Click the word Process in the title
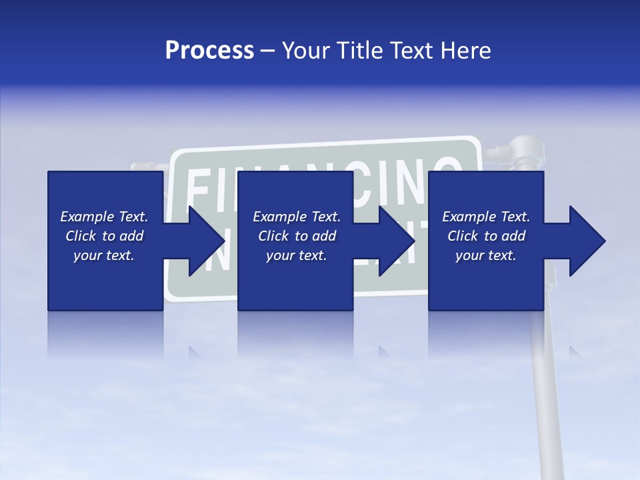(209, 51)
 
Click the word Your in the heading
(305, 51)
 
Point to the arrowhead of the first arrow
(207, 241)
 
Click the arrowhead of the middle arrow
(397, 241)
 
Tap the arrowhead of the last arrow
(588, 241)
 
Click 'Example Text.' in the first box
(104, 217)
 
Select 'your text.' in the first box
(104, 255)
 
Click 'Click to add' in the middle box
(297, 236)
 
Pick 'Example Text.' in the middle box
(297, 217)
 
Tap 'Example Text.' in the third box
(486, 217)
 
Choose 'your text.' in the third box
(486, 255)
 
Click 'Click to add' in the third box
(486, 236)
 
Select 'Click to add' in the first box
(104, 236)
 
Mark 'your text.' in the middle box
(297, 255)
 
